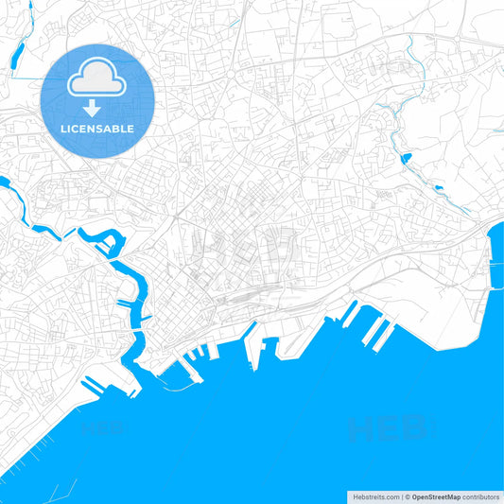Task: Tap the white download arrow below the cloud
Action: tap(92, 107)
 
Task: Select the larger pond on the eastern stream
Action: tap(406, 158)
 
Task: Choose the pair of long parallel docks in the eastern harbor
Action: tap(379, 329)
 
